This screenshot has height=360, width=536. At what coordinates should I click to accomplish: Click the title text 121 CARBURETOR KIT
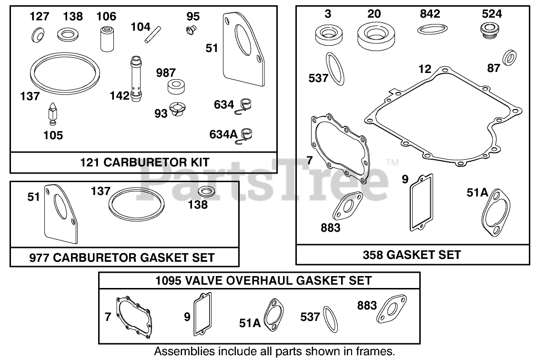click(x=144, y=162)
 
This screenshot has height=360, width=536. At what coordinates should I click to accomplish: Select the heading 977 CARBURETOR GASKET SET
click(x=122, y=257)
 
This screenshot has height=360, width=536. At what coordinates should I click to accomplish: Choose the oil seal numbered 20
click(x=374, y=36)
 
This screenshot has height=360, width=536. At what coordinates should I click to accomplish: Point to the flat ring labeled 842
click(x=430, y=30)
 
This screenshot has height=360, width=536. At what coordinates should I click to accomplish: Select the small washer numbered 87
click(x=510, y=56)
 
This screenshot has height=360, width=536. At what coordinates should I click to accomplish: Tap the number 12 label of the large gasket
click(x=425, y=70)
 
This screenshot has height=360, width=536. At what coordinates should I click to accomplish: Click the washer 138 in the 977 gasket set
click(x=205, y=192)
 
